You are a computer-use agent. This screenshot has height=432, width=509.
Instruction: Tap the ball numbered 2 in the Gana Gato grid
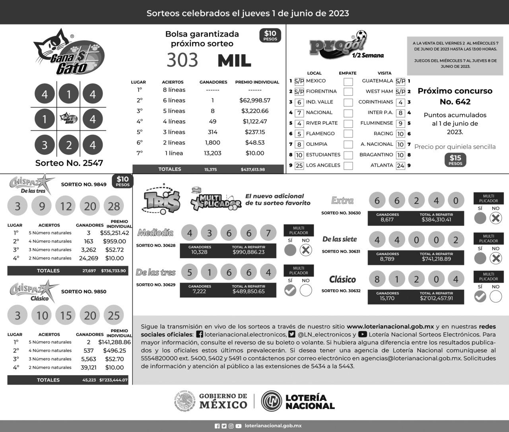pos(69,145)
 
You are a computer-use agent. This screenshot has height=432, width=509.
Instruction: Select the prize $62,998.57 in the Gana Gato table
pos(255,101)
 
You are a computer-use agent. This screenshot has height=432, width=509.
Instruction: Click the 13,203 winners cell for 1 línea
pos(213,153)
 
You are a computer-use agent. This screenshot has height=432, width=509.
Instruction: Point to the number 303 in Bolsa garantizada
pos(182,60)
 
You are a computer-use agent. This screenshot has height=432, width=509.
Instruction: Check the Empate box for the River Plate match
pos(348,123)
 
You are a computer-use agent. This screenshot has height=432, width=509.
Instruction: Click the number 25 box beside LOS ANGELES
pos(299,166)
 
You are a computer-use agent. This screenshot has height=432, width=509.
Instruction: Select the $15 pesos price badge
pos(455,160)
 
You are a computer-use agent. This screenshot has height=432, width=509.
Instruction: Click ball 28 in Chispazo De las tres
pos(114,206)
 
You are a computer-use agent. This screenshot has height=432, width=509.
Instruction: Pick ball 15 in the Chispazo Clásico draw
pos(66,316)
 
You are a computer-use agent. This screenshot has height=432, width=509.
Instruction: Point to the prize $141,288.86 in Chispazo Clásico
pos(115,342)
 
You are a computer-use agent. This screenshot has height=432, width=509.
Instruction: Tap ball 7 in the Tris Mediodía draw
pos(268,233)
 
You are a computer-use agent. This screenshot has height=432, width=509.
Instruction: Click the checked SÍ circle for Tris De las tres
pos(290,291)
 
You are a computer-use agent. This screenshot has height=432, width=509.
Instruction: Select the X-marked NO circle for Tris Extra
pos(495,218)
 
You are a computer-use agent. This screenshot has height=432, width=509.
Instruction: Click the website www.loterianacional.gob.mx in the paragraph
pos(390,327)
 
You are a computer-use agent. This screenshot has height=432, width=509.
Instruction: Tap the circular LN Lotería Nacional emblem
pos(272,401)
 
